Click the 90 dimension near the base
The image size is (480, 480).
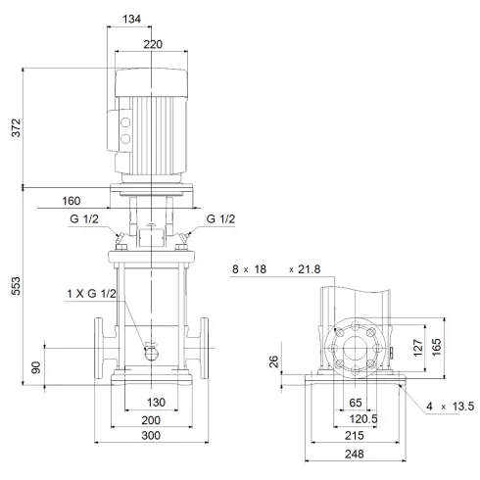coord(37,367)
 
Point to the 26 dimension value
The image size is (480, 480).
coord(275,364)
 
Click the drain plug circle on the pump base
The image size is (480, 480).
coord(150,351)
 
